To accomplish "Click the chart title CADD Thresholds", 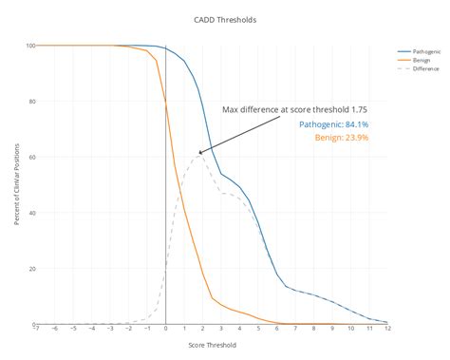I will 224,19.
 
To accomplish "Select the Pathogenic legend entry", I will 424,51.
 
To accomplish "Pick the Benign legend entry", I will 420,60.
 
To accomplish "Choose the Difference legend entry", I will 423,68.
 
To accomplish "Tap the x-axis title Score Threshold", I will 212,345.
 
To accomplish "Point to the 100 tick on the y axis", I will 30,46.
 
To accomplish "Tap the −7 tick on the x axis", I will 36,330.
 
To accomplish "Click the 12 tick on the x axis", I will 386,330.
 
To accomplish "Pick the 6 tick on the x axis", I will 277,330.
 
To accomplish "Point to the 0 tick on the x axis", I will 166,330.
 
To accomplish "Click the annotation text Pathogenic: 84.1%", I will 333,124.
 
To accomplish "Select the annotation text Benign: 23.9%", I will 342,138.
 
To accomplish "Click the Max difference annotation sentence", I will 294,109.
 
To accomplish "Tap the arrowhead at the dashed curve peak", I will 199,153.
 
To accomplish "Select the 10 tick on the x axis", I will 350,330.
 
